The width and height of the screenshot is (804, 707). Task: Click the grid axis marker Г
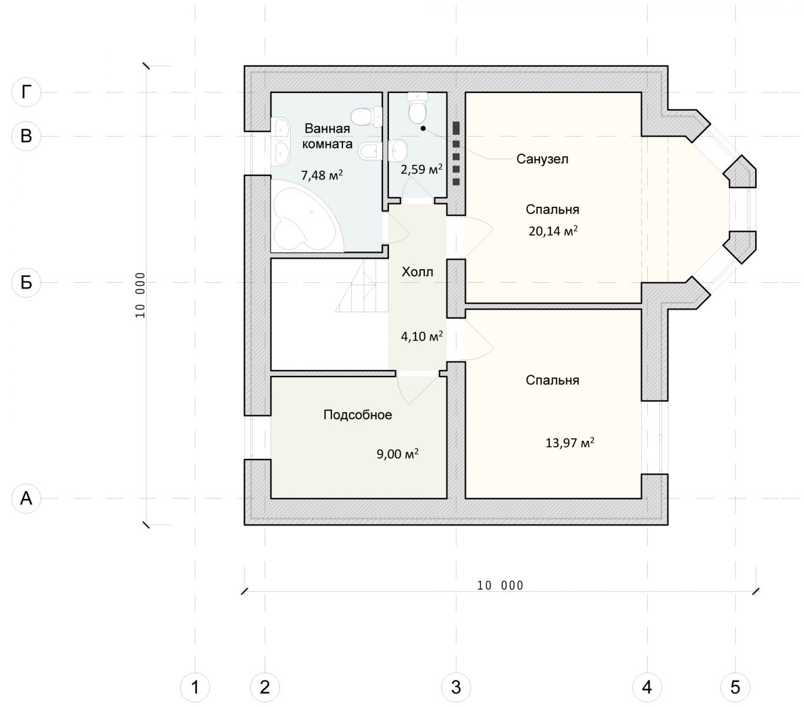[26, 92]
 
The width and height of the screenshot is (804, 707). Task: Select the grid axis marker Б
[26, 282]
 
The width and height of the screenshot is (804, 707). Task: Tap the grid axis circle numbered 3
[456, 687]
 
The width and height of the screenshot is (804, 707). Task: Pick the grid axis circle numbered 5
[735, 687]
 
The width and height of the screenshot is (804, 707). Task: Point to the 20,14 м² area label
[552, 231]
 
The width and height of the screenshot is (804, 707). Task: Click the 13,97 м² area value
[569, 442]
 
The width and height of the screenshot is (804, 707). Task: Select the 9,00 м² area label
[397, 454]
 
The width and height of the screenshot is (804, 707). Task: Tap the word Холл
[417, 272]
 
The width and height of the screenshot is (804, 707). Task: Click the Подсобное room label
[358, 415]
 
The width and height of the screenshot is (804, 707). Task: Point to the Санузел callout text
[542, 159]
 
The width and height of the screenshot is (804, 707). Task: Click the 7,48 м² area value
[321, 175]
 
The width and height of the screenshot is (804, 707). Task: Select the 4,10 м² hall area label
[421, 336]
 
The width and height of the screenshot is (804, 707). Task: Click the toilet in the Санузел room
[417, 107]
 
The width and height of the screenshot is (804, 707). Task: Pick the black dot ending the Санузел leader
[423, 128]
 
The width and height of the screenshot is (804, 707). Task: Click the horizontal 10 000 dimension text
[500, 586]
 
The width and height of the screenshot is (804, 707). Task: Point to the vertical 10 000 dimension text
[140, 295]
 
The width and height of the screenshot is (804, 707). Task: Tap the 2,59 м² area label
[421, 170]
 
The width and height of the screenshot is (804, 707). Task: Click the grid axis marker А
[26, 498]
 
